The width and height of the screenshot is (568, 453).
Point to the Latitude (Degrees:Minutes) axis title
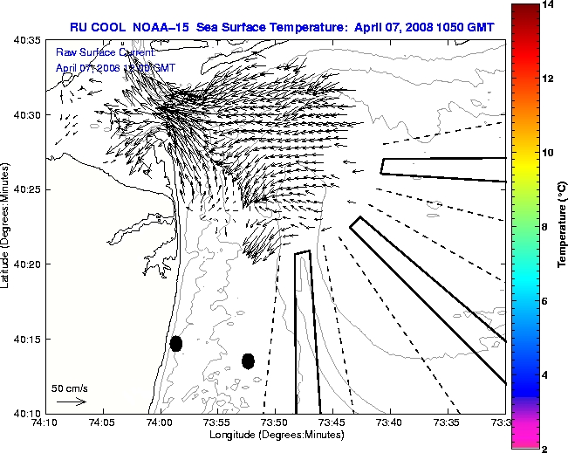(x=8, y=227)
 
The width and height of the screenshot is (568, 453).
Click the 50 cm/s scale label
(x=70, y=388)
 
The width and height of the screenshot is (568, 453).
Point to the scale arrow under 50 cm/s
(x=71, y=402)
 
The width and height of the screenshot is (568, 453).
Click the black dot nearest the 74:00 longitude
(x=175, y=343)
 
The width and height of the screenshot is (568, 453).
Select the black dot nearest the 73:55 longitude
(x=248, y=360)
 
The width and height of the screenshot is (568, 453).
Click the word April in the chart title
(x=371, y=27)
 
